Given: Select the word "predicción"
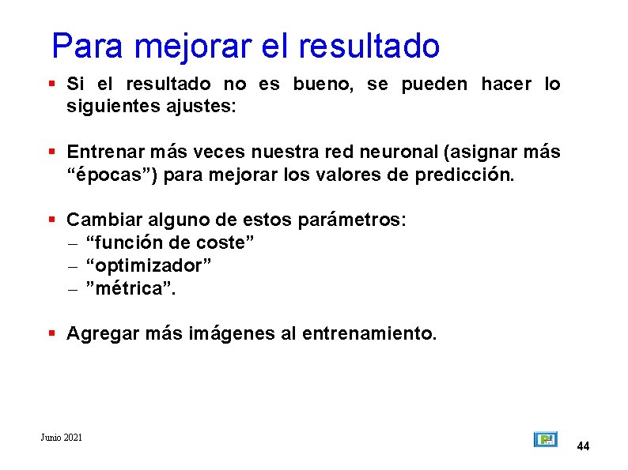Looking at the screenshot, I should point(464,174).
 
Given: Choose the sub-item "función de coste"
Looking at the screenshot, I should point(169,242).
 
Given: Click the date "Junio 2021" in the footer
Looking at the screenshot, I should point(61,437).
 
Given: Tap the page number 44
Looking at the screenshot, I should point(583,446).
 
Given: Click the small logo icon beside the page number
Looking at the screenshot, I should point(545,439).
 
